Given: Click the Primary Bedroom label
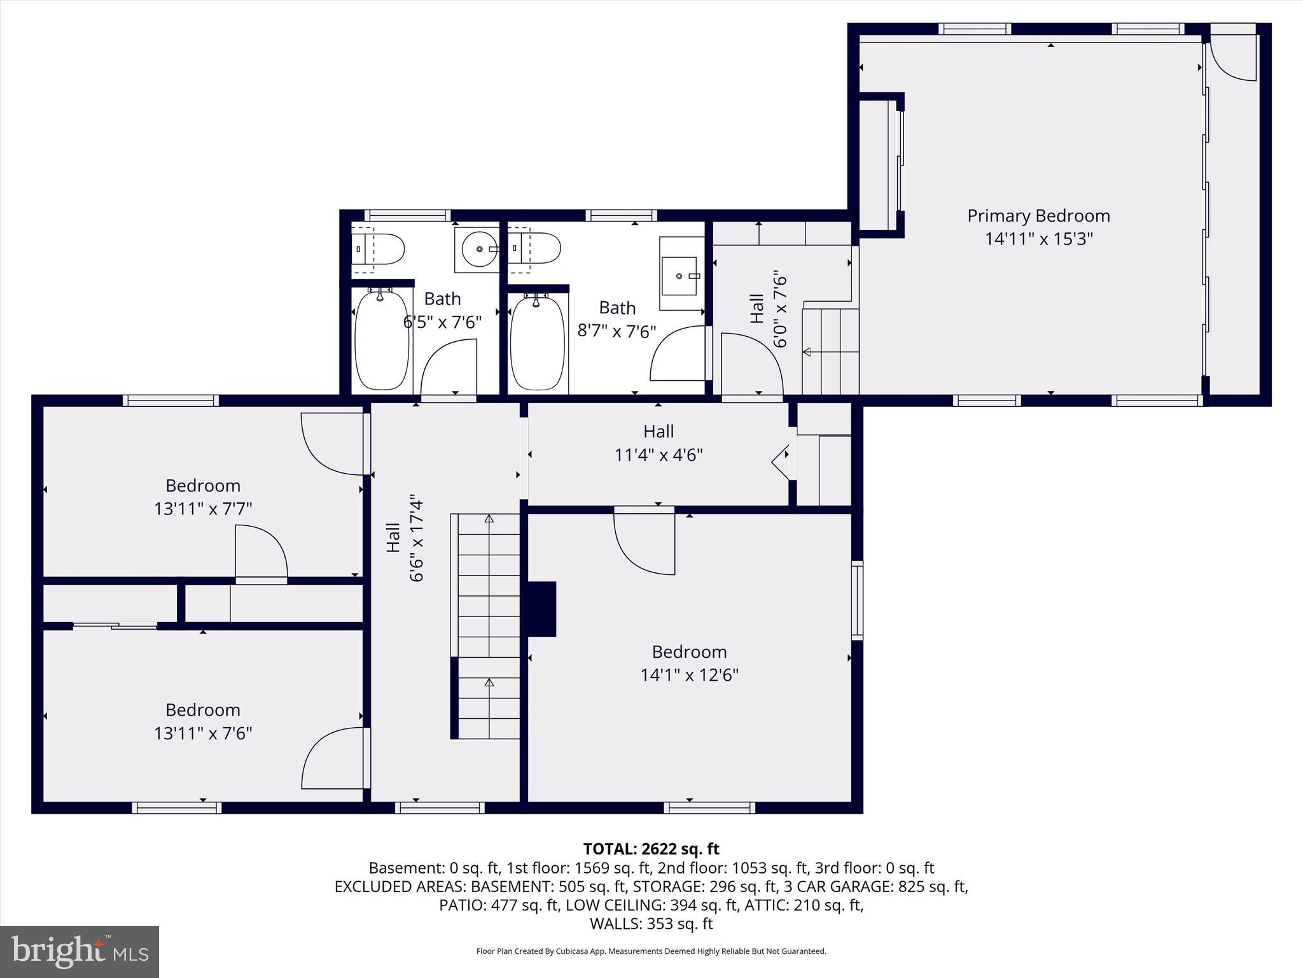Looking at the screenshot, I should tap(1038, 216).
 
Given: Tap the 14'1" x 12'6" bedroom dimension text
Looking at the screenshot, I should tap(689, 675).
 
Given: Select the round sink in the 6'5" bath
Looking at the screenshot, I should tap(476, 249).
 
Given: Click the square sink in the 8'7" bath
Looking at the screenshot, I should tap(679, 276).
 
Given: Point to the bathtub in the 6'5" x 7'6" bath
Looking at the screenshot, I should tap(381, 340).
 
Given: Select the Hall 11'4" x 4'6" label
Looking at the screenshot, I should tap(658, 443).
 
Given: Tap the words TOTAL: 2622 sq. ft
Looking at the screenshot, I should tap(651, 849).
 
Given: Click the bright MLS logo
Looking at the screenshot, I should tap(80, 951).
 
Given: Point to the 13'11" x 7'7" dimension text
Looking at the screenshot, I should tap(203, 509).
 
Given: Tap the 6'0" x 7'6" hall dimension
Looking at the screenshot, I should tap(780, 311).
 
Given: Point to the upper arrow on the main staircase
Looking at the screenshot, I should tap(489, 520).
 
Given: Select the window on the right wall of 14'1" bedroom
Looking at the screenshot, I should tap(857, 600).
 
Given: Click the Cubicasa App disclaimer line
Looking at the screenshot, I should tap(651, 951).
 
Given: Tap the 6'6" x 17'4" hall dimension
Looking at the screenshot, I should tap(416, 537).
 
